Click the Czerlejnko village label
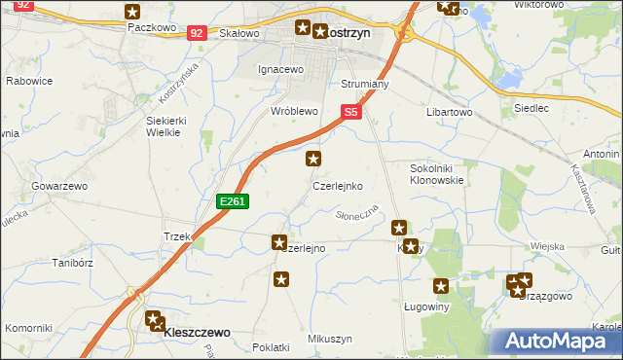click(338, 185)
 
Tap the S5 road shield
click(351, 113)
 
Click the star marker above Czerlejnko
click(313, 158)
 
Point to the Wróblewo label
click(295, 112)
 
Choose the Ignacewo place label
click(281, 70)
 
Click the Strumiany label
click(365, 85)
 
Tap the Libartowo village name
click(449, 112)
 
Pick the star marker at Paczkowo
click(133, 12)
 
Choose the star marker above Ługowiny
click(441, 286)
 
